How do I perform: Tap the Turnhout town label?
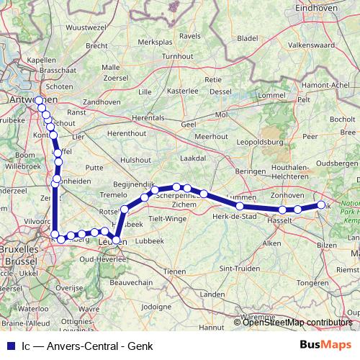(178, 56)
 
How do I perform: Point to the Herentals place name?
(149, 116)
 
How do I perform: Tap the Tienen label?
(175, 271)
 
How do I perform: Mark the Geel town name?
(189, 125)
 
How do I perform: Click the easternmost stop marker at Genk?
(321, 206)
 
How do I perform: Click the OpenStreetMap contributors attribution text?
(297, 322)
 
